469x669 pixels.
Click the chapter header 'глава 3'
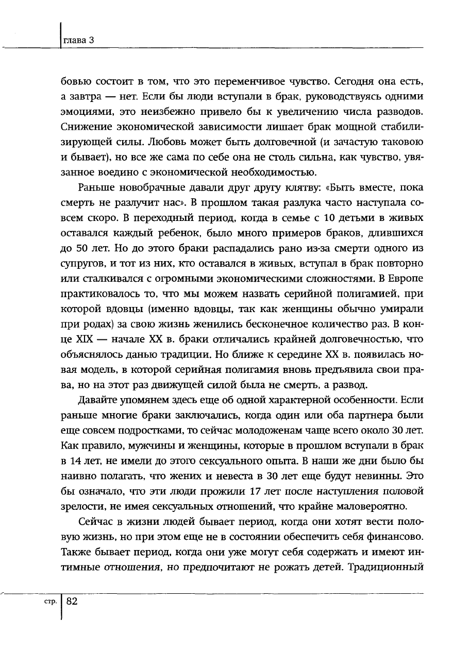[x=77, y=41]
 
